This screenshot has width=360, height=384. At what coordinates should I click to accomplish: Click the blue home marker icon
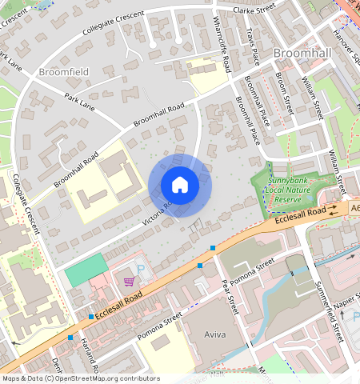tap(180, 185)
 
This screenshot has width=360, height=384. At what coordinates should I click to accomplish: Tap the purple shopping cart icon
tap(129, 281)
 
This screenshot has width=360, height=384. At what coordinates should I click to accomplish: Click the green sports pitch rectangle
tap(85, 269)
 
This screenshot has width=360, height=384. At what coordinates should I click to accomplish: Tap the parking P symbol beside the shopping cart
tap(142, 271)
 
